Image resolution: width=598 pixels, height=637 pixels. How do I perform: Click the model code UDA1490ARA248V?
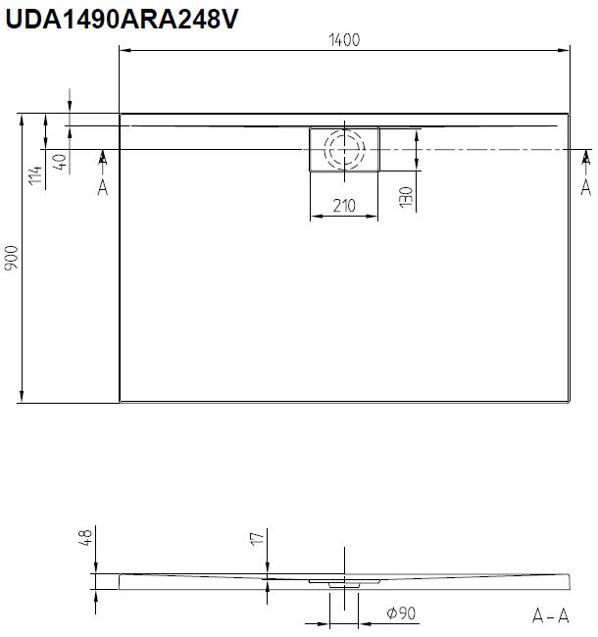coord(122,19)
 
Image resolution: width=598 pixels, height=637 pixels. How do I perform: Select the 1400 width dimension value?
coord(344,40)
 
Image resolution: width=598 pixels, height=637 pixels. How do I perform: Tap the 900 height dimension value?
coord(12,258)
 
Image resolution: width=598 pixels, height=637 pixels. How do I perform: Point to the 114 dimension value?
coord(35,174)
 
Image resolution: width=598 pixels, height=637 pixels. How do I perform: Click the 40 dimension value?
coord(60,162)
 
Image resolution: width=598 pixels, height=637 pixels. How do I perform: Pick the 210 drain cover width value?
coord(344,206)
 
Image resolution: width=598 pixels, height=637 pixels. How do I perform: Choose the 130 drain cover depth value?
coord(406,197)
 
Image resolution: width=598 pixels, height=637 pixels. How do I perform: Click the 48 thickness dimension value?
coord(85,537)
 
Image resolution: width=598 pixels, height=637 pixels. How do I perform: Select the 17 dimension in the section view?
coord(257,539)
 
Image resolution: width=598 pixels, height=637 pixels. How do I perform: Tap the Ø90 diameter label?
coord(401,612)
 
